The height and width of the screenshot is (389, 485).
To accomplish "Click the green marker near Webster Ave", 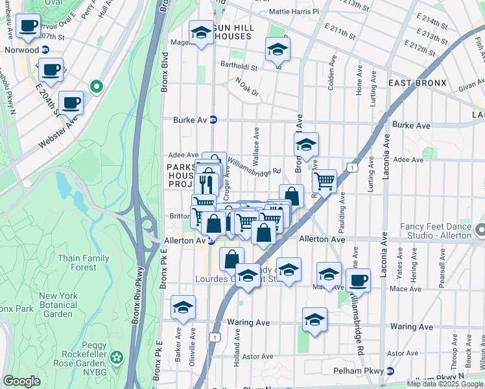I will (x=97, y=86).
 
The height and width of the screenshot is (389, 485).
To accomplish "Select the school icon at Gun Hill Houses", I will (x=202, y=32).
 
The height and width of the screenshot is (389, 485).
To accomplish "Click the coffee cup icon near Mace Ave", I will (x=358, y=280).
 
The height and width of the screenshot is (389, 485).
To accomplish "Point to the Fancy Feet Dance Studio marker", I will (x=480, y=230).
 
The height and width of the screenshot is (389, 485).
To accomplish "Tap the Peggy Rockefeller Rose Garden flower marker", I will (x=117, y=357).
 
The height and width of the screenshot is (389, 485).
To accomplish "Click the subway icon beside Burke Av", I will (x=221, y=120).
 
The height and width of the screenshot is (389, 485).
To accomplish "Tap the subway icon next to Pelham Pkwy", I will (x=390, y=371).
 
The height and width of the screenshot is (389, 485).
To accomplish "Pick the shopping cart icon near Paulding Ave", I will (x=324, y=182).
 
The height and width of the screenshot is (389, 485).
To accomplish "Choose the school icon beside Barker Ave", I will (x=183, y=307).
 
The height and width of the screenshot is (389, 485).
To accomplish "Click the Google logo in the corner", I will (x=21, y=381).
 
